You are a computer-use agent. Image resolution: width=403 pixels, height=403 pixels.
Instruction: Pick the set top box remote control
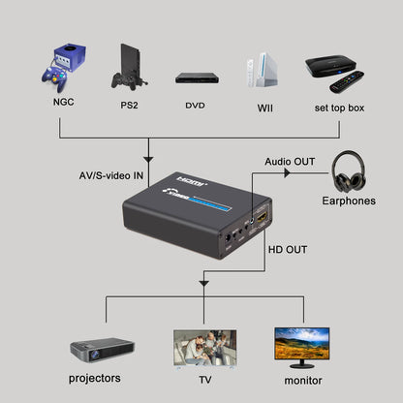[348, 82]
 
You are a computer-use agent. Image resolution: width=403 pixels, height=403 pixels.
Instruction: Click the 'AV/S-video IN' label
[111, 175]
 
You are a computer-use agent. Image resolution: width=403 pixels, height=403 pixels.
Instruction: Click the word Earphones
[349, 202]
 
